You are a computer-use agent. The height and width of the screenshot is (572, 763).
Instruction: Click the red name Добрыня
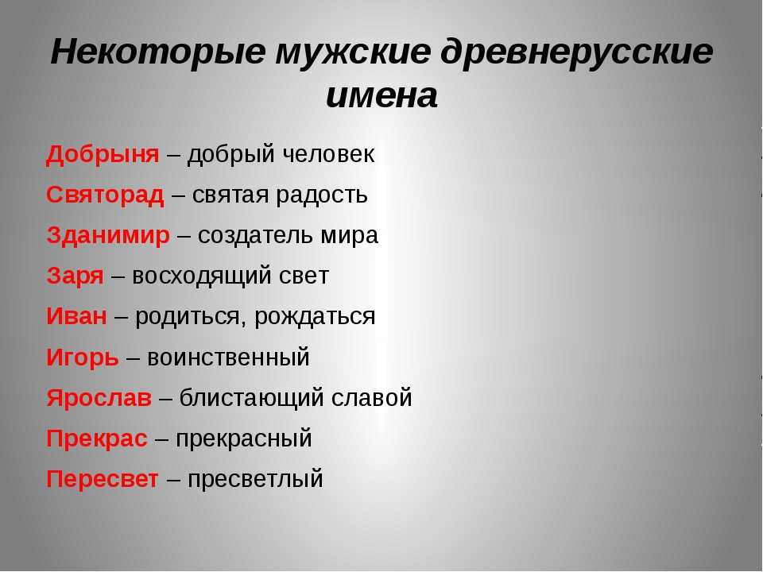pyautogui.click(x=103, y=155)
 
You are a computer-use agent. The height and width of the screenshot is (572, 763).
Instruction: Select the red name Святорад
pyautogui.click(x=105, y=195)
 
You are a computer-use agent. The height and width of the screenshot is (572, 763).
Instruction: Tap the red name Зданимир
pyautogui.click(x=108, y=236)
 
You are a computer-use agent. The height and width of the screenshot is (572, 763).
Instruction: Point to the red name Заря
pyautogui.click(x=75, y=276)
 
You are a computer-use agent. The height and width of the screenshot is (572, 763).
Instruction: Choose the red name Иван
pyautogui.click(x=77, y=317)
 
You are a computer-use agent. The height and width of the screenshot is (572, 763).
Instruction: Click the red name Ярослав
pyautogui.click(x=99, y=398)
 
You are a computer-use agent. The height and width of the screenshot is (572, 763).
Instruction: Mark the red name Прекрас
pyautogui.click(x=97, y=439)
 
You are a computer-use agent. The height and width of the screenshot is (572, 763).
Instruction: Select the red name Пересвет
pyautogui.click(x=103, y=479)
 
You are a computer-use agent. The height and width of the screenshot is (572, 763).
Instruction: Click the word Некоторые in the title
pyautogui.click(x=158, y=52)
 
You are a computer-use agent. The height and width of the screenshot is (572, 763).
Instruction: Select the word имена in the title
pyautogui.click(x=381, y=96)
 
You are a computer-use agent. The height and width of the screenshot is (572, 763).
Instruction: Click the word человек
pyautogui.click(x=328, y=155)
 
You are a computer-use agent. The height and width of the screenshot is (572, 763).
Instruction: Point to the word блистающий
pyautogui.click(x=252, y=399)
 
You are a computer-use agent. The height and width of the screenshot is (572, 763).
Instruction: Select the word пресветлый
pyautogui.click(x=255, y=479)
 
